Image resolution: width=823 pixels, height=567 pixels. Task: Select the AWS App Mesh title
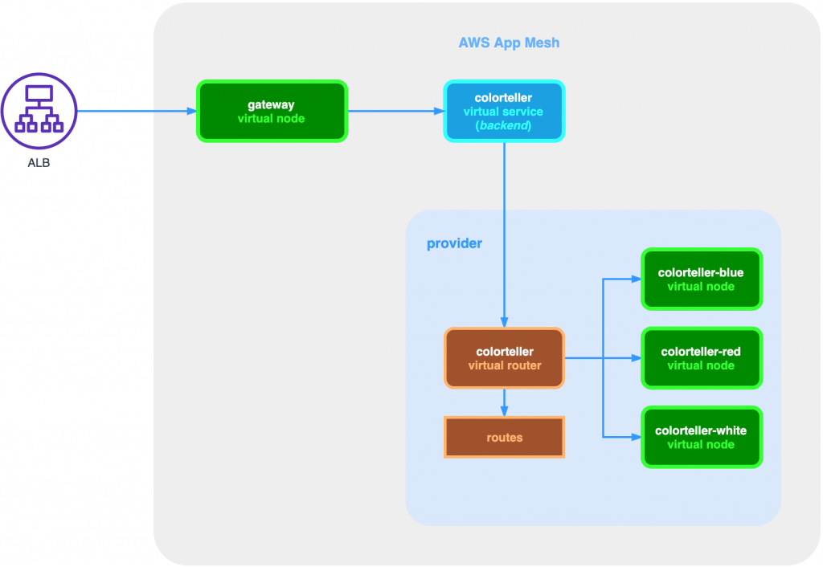pos(509,43)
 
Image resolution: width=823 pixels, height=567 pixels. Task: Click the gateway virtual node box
pos(272,111)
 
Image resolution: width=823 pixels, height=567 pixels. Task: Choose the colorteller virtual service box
pos(504,111)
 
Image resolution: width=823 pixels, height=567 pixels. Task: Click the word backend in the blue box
pos(504,126)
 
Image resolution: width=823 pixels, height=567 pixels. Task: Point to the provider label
pos(454,243)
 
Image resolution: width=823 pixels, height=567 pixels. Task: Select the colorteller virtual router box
pos(504,358)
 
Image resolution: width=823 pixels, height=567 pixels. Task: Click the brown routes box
pos(504,438)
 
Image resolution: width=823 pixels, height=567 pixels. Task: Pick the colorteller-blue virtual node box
pos(701,279)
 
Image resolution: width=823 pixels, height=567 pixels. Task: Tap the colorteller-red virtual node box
pos(701,358)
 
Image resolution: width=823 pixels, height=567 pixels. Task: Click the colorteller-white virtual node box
pos(701,437)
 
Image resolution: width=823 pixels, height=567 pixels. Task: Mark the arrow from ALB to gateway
pos(137,111)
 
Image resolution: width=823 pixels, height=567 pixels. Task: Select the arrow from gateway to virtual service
pos(395,111)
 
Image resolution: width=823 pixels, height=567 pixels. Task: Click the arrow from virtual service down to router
pos(504,233)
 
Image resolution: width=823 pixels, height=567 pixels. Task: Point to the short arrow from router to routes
pos(504,402)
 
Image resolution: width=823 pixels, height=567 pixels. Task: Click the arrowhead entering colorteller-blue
pos(636,279)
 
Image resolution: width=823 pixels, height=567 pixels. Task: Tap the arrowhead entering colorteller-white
pos(636,437)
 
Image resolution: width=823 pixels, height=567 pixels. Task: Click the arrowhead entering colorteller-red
pos(636,358)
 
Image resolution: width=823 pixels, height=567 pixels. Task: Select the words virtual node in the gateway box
pos(272,119)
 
